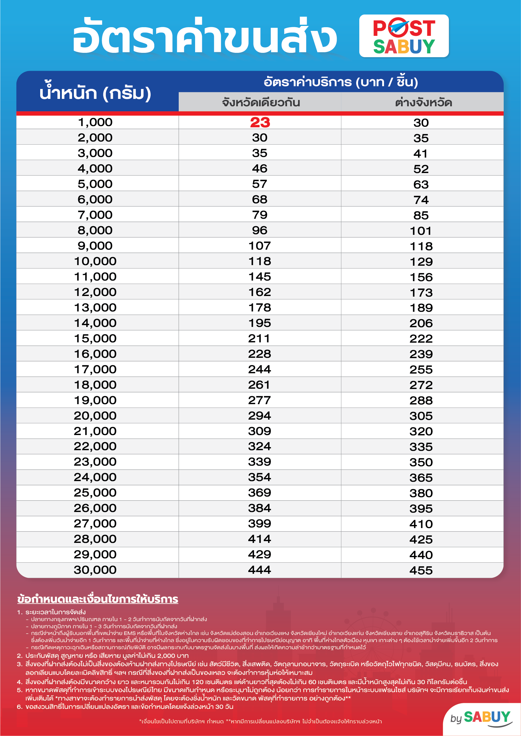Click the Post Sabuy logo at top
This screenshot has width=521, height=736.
pos(404,36)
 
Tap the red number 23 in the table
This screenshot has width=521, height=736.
pos(260,122)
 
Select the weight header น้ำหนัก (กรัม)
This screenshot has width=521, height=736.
pos(95,93)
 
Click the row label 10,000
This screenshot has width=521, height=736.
pos(95,261)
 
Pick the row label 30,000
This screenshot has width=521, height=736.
pos(95,570)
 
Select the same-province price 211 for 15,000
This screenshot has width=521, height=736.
pos(259,339)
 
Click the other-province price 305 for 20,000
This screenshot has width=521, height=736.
pos(421,416)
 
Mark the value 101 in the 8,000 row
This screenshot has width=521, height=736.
pos(421,231)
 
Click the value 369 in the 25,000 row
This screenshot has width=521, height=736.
pos(259,493)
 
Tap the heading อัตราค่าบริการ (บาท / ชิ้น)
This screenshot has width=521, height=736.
pos(341,82)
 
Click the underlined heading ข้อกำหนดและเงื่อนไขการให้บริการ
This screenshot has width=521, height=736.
pos(98,599)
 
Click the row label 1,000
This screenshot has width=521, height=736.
pos(95,122)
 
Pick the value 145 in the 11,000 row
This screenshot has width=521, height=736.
pos(259,277)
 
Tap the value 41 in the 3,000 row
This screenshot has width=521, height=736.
pos(421,154)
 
